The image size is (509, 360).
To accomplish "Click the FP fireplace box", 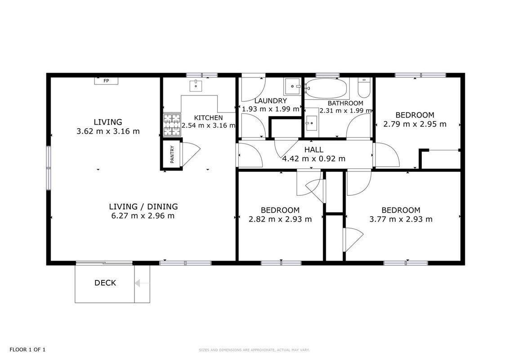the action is point(106,81).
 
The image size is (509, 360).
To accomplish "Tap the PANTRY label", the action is point(172,154).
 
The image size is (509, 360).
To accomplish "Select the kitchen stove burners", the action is point(172,125).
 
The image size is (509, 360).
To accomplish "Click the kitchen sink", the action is point(196,86).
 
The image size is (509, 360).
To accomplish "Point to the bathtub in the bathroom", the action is point(326,88).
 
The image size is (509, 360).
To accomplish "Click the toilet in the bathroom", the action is point(364,87).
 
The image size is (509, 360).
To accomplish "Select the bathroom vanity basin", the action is point(312,123).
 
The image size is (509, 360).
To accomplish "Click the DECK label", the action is point(105,283).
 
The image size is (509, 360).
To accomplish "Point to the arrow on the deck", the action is point(142,283).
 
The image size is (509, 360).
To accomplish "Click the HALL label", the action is point(313,150).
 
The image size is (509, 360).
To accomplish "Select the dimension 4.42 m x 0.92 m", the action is point(313,159).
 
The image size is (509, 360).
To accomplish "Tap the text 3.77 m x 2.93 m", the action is point(401,219).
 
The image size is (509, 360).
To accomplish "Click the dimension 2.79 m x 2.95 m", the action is point(415,124).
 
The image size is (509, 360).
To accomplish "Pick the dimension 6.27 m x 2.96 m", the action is point(143,216).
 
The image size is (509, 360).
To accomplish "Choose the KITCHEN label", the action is point(208,117).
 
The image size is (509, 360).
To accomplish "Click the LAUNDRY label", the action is point(270,101).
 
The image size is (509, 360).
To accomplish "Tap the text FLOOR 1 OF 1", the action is point(27,350).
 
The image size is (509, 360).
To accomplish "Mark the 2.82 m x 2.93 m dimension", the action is point(280,219).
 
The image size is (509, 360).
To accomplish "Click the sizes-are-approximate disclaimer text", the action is point(254,350).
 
